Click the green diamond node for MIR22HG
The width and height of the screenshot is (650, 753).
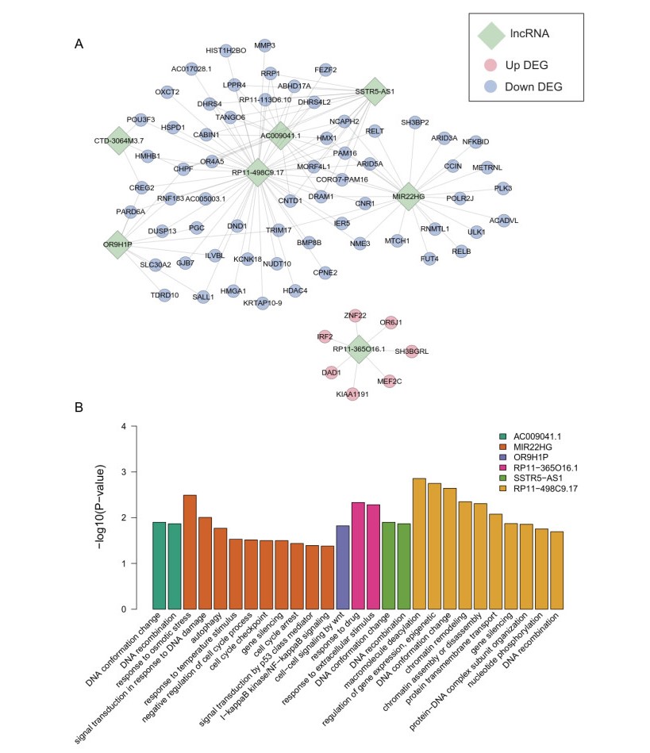pyautogui.click(x=409, y=196)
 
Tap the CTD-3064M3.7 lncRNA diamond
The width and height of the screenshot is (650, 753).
pyautogui.click(x=119, y=140)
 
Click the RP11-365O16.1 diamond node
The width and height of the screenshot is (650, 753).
pyautogui.click(x=360, y=349)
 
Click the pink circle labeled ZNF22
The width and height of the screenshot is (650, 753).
pyautogui.click(x=355, y=316)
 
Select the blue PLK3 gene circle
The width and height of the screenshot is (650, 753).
pyautogui.click(x=503, y=189)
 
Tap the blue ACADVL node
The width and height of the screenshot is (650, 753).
pyautogui.click(x=503, y=220)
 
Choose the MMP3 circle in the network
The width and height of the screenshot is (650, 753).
pyautogui.click(x=265, y=45)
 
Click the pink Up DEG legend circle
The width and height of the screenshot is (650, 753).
pyautogui.click(x=495, y=63)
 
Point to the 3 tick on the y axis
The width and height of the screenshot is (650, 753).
pyautogui.click(x=123, y=472)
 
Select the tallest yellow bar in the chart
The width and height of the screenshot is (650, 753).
pyautogui.click(x=419, y=544)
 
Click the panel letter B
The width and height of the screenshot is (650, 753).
pyautogui.click(x=79, y=407)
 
